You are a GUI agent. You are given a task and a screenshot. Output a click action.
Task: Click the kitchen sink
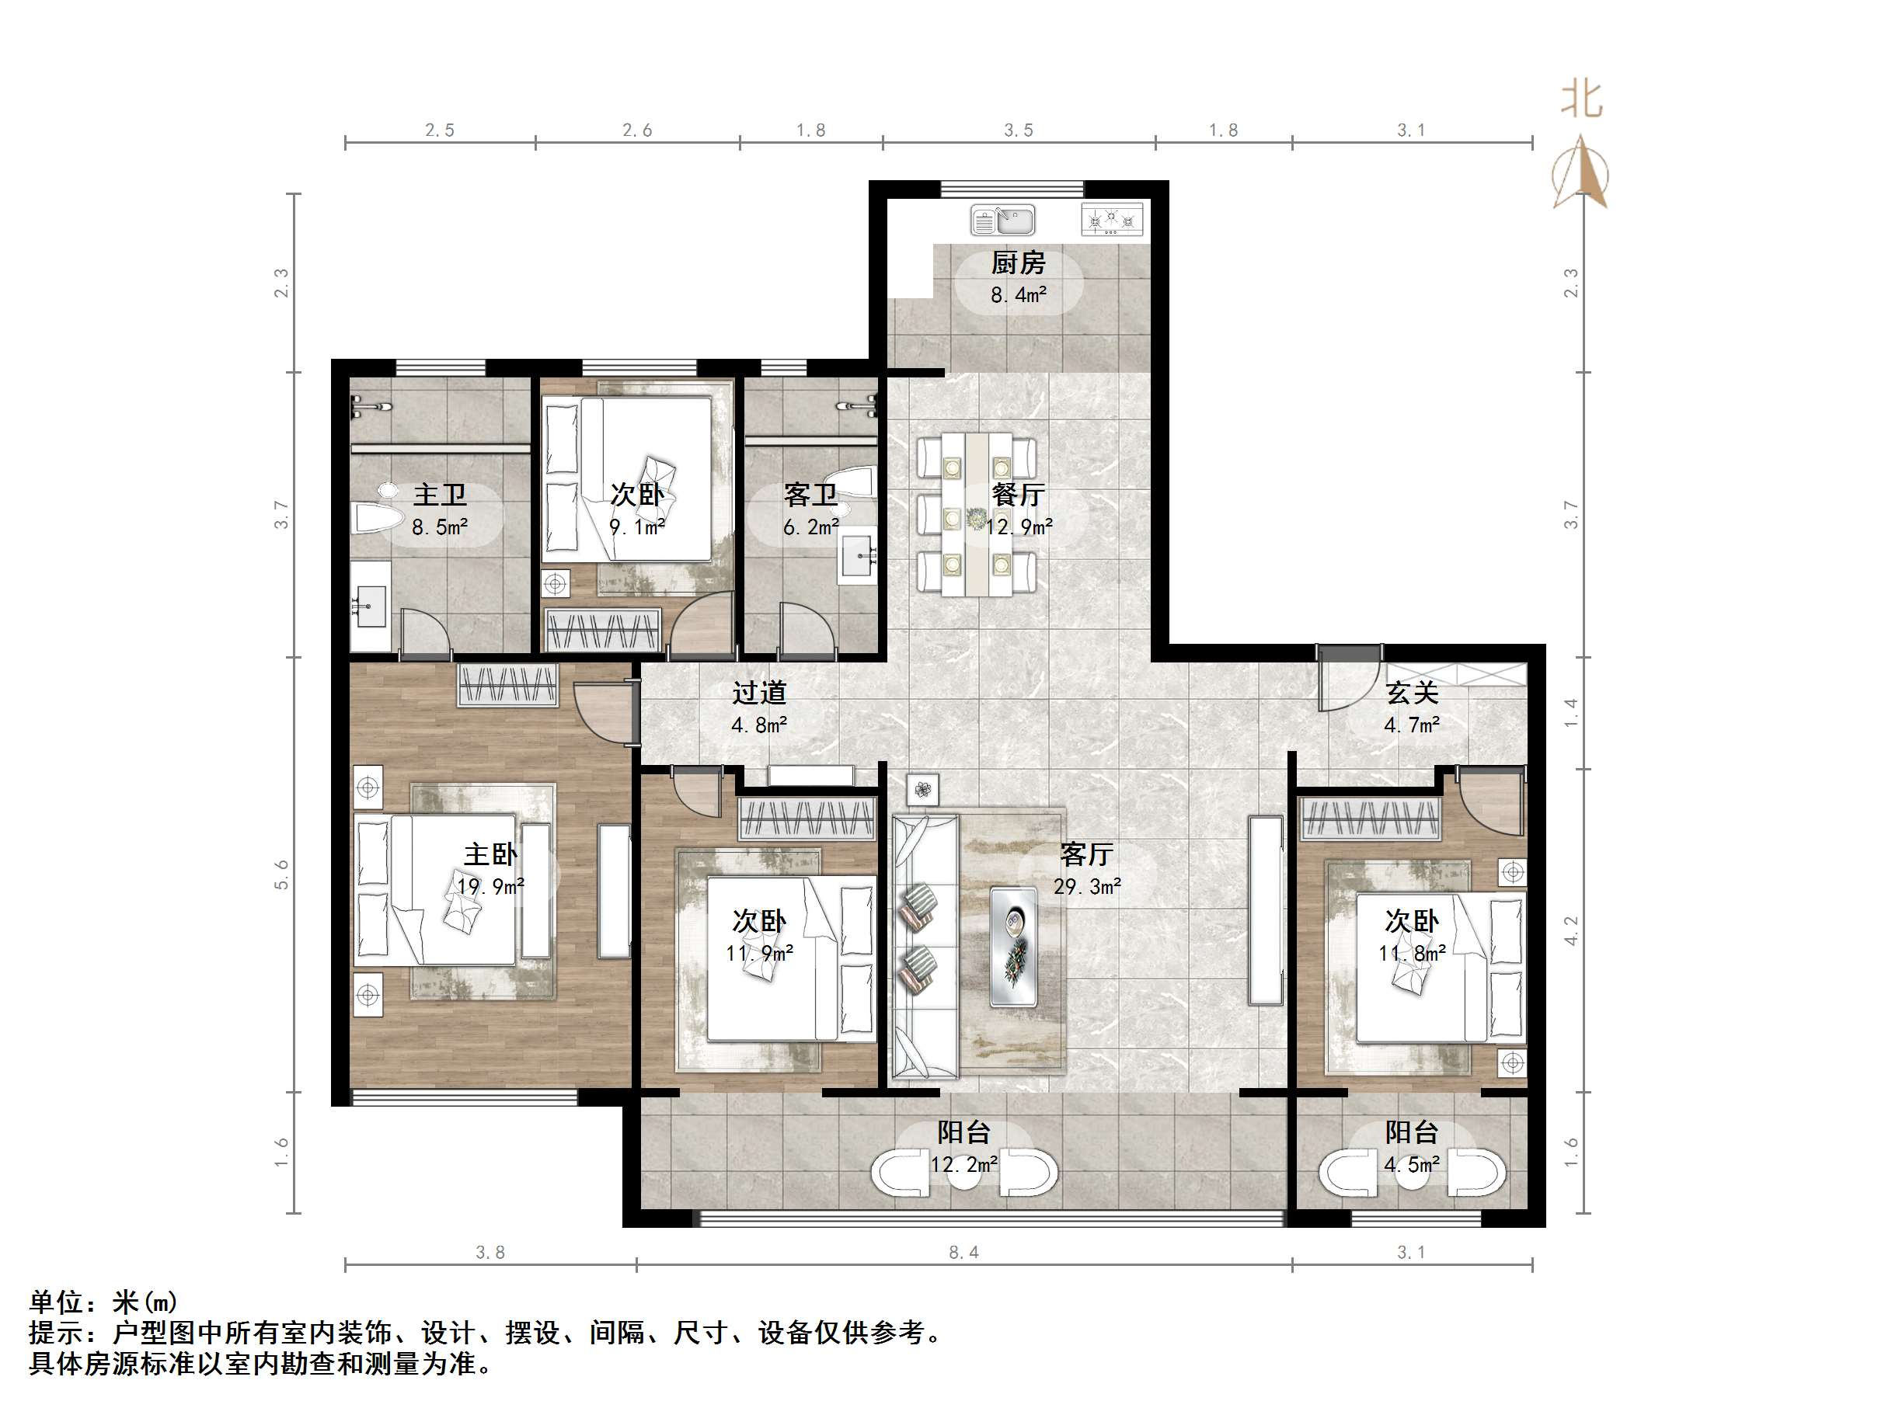1002,221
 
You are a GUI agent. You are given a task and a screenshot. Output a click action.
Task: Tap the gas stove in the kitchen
1111,221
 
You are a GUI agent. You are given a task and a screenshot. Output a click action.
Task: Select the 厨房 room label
1018,263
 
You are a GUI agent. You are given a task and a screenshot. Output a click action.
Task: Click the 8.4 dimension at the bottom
963,1252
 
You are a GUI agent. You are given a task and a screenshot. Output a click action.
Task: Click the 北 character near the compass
1581,100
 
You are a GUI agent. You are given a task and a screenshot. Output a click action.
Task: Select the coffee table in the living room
1014,947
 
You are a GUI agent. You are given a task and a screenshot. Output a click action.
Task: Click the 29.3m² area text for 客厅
1087,887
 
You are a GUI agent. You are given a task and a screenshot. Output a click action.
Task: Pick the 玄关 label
1412,693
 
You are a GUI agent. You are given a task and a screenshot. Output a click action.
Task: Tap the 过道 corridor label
759,693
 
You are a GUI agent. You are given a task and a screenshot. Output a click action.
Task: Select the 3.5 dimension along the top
1019,130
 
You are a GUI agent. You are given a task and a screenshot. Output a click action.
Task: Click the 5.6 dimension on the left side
281,874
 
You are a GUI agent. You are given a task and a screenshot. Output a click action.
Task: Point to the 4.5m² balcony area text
1412,1165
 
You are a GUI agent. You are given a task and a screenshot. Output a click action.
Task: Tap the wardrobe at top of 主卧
507,684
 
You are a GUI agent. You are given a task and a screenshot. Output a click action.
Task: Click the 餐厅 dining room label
1018,494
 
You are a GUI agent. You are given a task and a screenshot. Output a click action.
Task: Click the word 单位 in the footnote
56,1302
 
